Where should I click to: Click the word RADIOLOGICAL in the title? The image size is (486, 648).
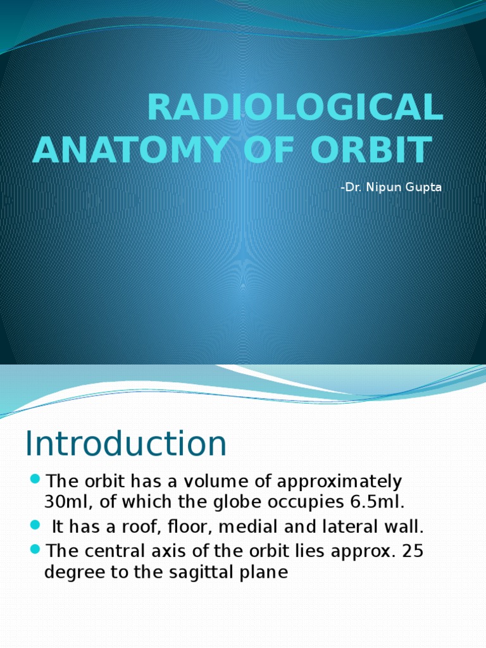point(295,108)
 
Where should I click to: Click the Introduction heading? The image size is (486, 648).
point(126,444)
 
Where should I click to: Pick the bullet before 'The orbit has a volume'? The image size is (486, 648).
point(35,477)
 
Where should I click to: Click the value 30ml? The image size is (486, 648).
point(66,502)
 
